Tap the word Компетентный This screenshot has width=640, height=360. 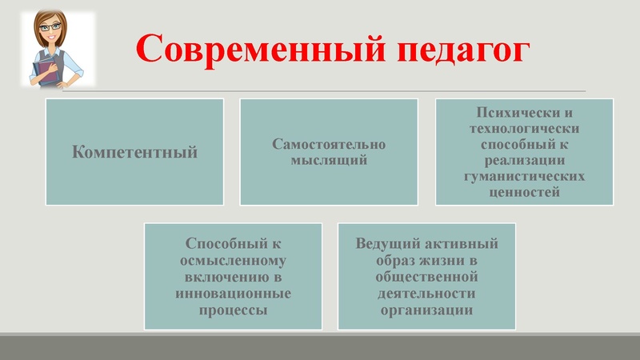134,152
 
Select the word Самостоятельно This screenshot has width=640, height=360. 329,145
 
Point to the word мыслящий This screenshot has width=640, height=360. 329,160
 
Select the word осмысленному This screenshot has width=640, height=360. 232,260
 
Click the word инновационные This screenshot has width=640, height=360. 232,293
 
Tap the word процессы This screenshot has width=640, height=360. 232,310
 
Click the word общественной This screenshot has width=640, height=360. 426,277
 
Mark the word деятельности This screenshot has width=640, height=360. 426,293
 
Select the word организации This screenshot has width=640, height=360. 426,310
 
